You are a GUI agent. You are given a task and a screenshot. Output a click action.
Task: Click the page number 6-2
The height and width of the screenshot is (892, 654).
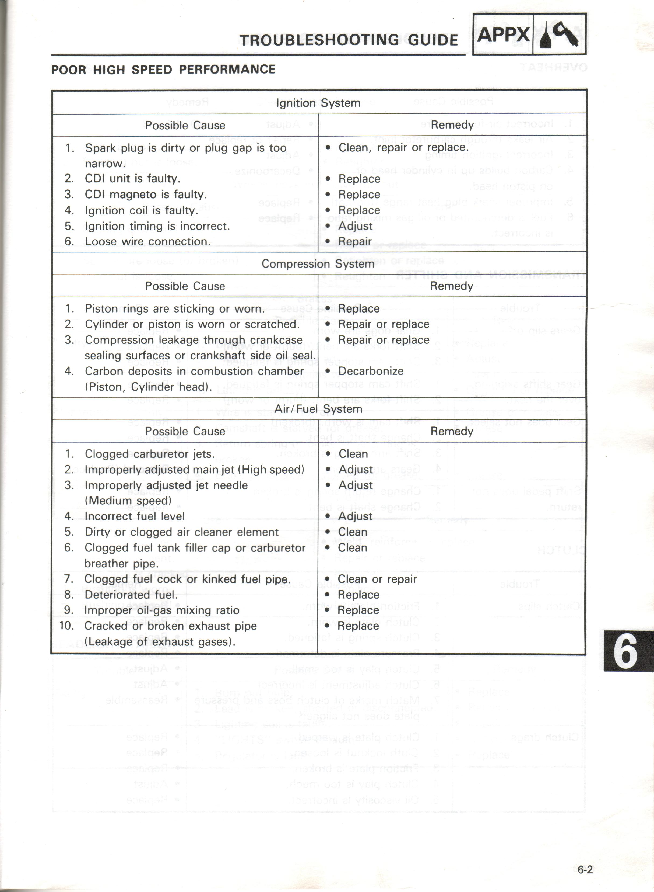(585, 870)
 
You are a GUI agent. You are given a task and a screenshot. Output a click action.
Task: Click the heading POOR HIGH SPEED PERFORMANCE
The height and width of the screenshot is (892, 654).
(163, 70)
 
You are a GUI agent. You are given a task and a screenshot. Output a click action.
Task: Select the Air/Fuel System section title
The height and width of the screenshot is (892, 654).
(318, 409)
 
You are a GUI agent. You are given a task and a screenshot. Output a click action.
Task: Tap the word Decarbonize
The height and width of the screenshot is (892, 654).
(371, 371)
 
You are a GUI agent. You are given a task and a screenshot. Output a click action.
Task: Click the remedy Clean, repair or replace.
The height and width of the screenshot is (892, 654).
(403, 147)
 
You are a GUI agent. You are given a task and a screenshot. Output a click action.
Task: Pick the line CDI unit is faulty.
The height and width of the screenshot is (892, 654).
(133, 179)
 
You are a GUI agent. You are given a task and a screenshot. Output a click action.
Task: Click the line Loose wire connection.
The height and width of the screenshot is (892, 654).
(147, 242)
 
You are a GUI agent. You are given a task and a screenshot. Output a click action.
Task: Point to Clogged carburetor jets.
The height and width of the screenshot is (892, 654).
(150, 454)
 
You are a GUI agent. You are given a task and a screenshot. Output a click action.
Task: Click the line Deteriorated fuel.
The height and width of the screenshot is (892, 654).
(131, 595)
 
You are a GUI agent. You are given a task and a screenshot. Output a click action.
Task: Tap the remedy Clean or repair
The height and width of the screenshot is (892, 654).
(377, 579)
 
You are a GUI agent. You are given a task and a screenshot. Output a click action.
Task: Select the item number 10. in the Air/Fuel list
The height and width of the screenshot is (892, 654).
(66, 626)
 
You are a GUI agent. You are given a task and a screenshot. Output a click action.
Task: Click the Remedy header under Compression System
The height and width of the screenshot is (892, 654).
(452, 286)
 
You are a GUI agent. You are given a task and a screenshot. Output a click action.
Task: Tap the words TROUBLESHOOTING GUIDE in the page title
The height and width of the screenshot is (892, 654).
(348, 40)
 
